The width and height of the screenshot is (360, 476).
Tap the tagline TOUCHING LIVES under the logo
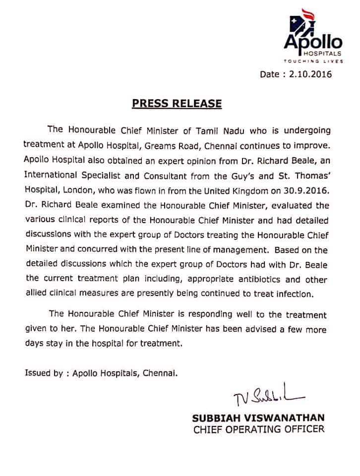tap(305, 61)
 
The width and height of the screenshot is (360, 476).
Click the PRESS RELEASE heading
tap(176, 104)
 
